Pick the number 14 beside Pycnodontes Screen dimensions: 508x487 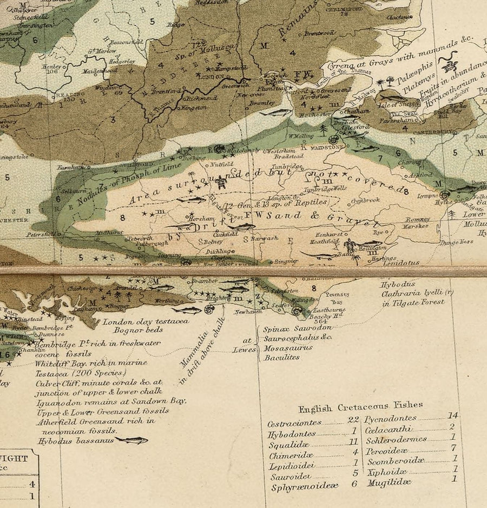(x=453, y=415)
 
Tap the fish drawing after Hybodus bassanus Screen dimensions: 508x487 (x=132, y=440)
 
